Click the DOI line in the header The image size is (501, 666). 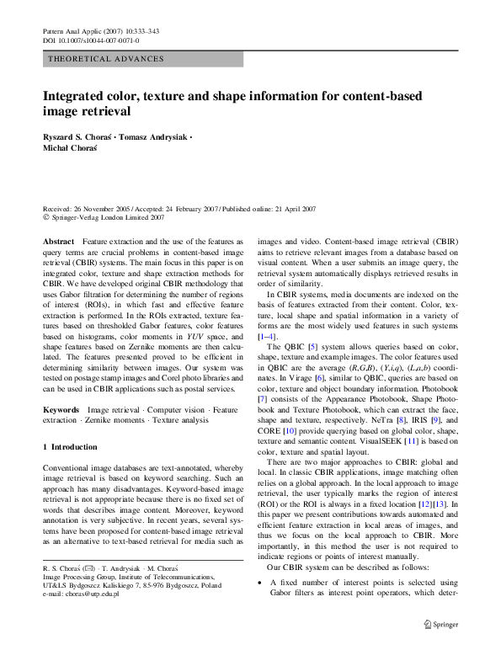tap(91, 40)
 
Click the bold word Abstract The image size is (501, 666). tap(58, 241)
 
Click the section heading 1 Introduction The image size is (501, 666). tap(70, 446)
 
